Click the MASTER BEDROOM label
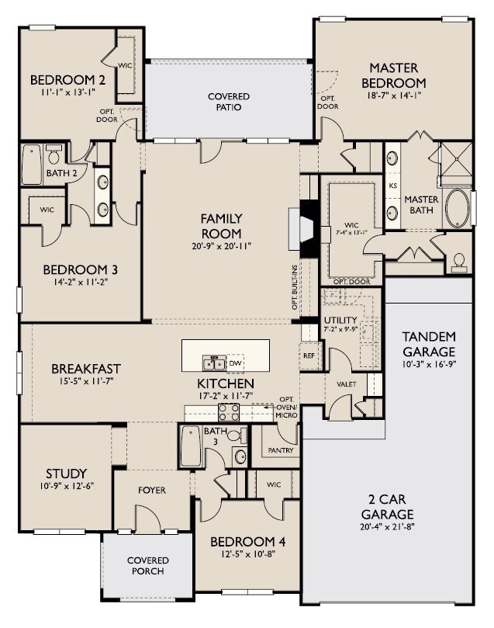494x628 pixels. (x=397, y=75)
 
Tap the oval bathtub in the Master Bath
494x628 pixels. (x=456, y=209)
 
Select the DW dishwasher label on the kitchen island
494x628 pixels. (x=237, y=363)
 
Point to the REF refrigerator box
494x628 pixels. (x=309, y=356)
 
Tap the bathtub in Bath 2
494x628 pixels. (x=32, y=165)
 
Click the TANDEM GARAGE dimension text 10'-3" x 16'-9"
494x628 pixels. (x=429, y=363)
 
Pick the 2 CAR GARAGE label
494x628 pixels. (x=387, y=507)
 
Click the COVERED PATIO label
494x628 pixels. (x=229, y=102)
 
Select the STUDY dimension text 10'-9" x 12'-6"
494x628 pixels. (x=66, y=486)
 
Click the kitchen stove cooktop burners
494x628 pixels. (x=230, y=411)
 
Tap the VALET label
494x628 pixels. (x=345, y=383)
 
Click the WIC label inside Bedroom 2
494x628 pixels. (x=125, y=66)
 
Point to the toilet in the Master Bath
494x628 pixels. (x=459, y=262)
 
